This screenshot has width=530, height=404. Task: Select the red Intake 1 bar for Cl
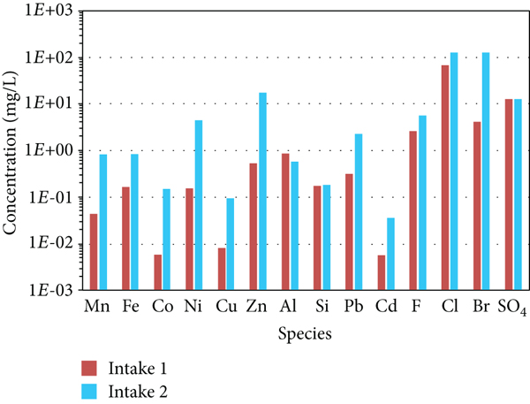click(x=445, y=177)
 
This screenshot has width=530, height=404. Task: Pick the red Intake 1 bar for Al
click(x=285, y=221)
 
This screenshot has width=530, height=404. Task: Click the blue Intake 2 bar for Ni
click(x=199, y=204)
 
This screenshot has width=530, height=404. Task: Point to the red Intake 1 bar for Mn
click(x=94, y=251)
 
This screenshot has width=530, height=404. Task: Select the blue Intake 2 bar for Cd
click(x=391, y=253)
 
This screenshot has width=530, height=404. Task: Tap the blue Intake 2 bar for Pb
click(x=359, y=211)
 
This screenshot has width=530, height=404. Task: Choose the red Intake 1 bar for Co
click(x=158, y=271)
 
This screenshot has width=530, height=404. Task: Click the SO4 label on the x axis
click(x=513, y=308)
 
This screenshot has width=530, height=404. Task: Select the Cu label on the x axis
click(x=227, y=307)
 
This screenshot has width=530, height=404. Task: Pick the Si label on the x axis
click(x=323, y=307)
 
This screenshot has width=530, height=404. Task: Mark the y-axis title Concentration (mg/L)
click(x=11, y=149)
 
